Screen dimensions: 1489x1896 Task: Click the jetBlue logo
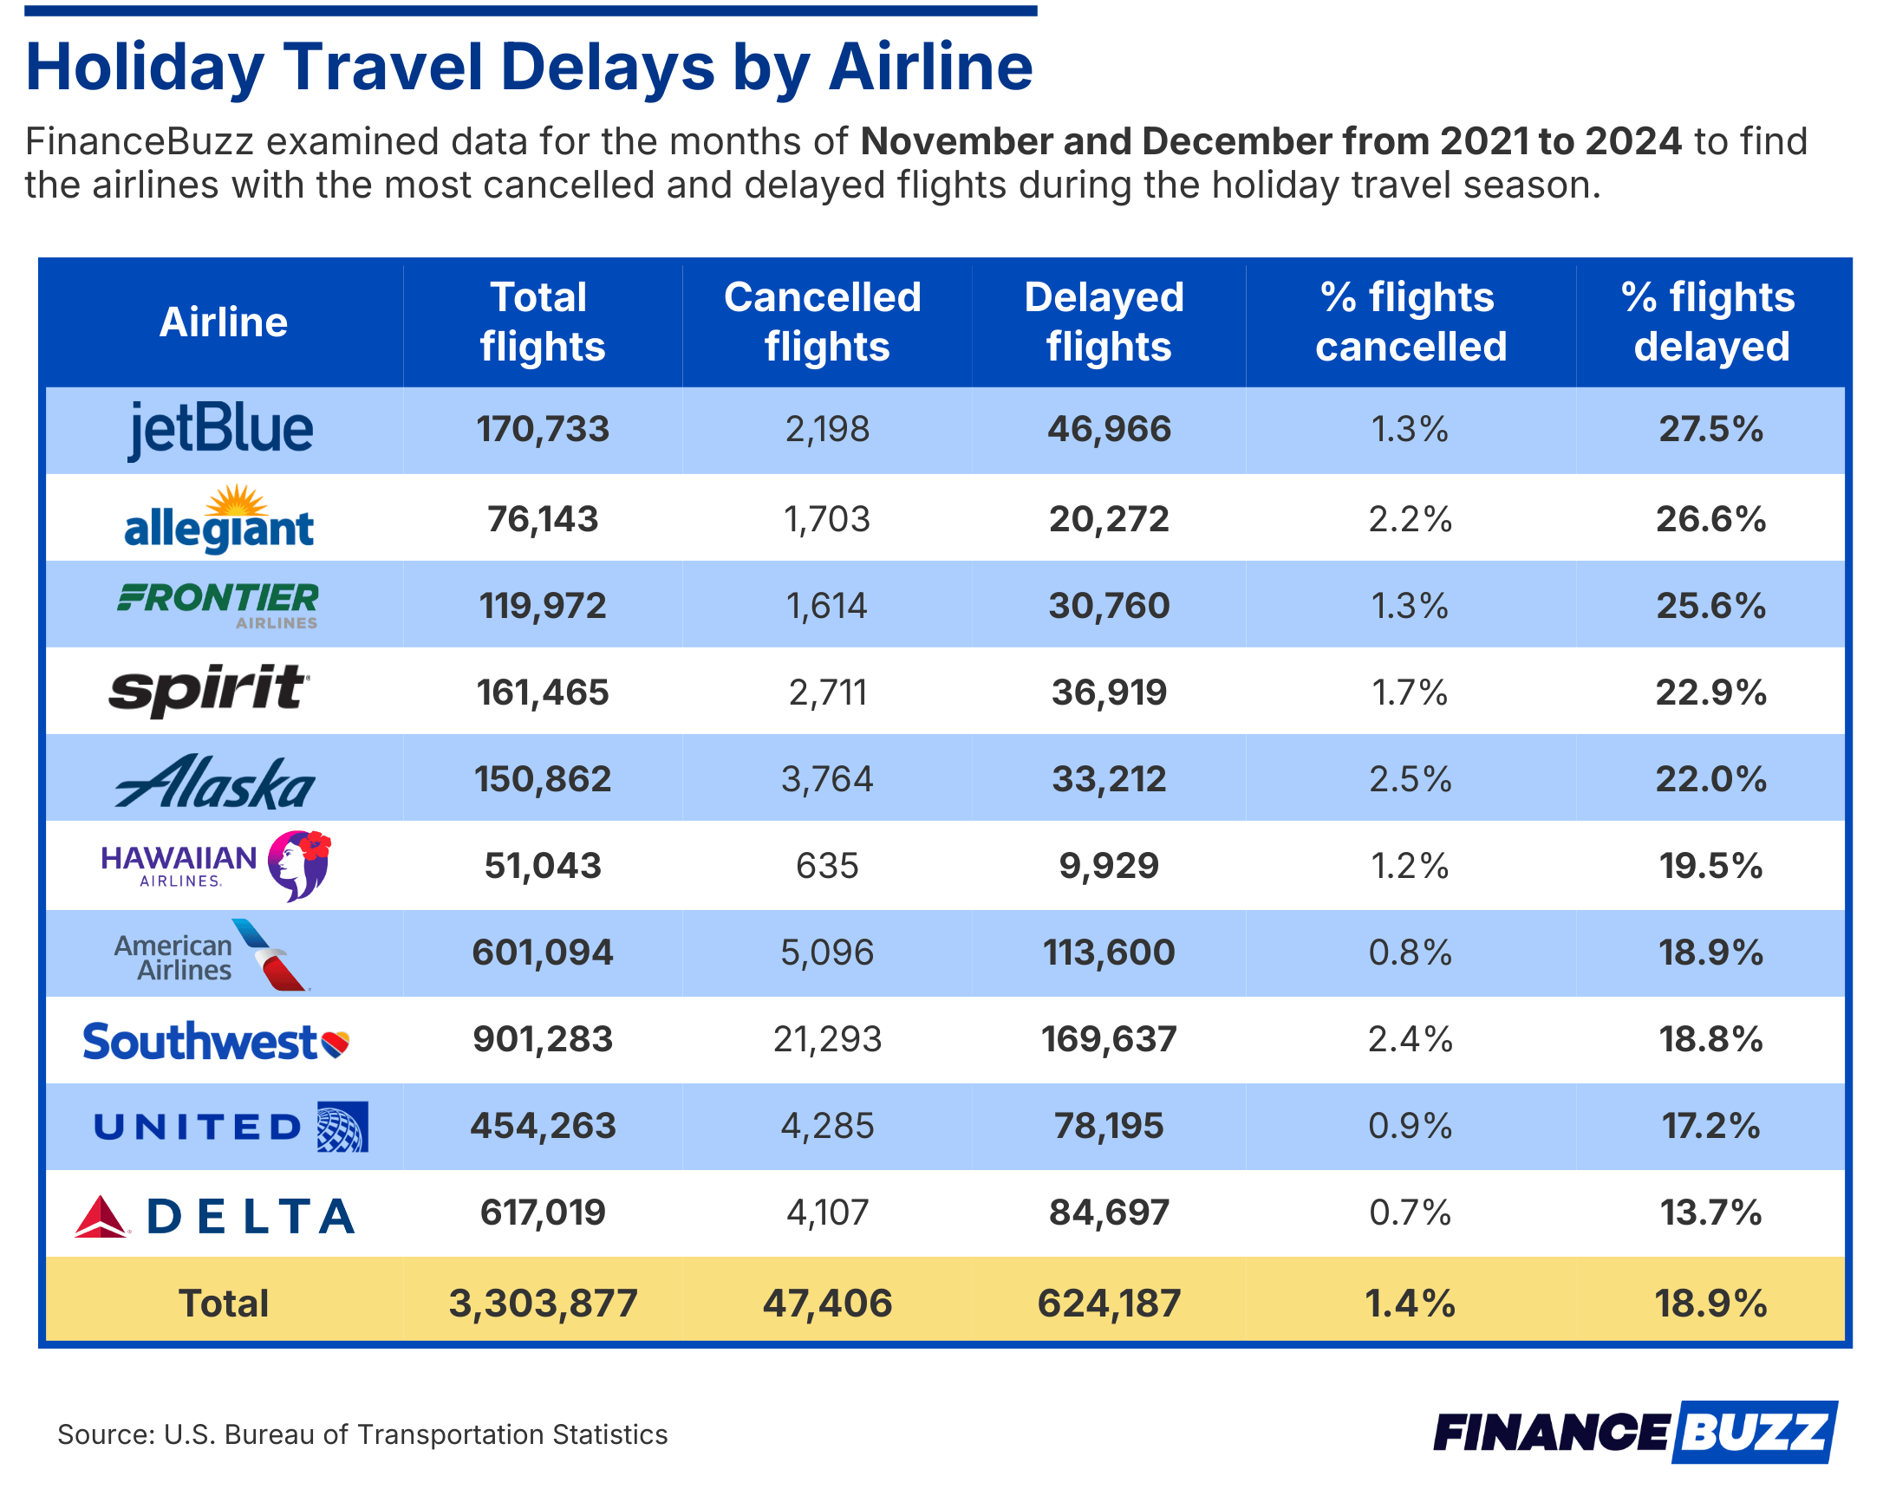click(221, 429)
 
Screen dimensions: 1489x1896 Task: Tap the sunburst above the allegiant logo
click(237, 500)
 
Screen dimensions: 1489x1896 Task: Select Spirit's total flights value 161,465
click(543, 693)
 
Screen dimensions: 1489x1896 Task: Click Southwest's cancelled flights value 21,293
click(827, 1039)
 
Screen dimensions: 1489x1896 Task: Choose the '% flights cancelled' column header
click(1411, 322)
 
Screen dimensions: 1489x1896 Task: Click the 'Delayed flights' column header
click(1108, 322)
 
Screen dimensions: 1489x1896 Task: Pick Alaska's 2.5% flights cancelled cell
click(1411, 779)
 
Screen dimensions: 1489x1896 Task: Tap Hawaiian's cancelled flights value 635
click(827, 866)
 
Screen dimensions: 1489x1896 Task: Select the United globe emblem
click(342, 1127)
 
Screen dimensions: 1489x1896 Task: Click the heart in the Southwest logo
click(336, 1043)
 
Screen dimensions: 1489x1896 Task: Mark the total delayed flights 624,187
click(1109, 1304)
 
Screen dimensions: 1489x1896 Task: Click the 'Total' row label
click(224, 1304)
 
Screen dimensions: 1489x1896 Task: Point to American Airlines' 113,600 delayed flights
click(1109, 952)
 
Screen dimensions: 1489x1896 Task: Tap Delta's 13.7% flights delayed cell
click(1710, 1213)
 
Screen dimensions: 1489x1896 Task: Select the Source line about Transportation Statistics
click(362, 1434)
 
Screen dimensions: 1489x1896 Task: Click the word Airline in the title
click(930, 68)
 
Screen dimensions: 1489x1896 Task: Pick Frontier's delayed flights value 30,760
click(1109, 606)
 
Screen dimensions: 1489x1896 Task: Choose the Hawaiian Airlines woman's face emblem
click(298, 865)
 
